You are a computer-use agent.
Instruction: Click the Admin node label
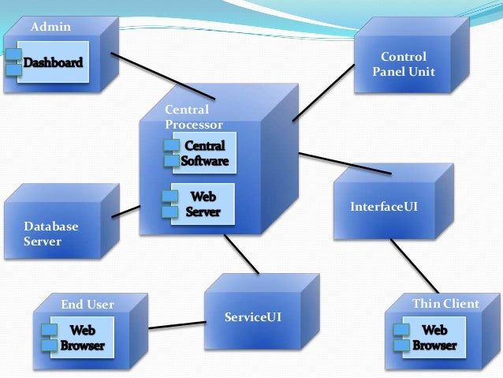point(50,28)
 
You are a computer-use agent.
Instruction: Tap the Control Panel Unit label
point(404,65)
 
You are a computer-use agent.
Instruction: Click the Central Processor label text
point(193,118)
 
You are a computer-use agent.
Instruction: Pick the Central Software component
point(203,154)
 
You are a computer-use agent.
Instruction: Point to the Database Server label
point(51,234)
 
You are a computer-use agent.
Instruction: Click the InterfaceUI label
point(383,207)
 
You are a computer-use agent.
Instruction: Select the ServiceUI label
point(252,317)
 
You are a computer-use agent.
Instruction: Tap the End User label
point(88,305)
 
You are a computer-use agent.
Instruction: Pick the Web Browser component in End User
point(82,338)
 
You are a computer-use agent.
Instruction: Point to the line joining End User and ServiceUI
point(177,324)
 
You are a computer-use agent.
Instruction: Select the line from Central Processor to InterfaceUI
point(345,163)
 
